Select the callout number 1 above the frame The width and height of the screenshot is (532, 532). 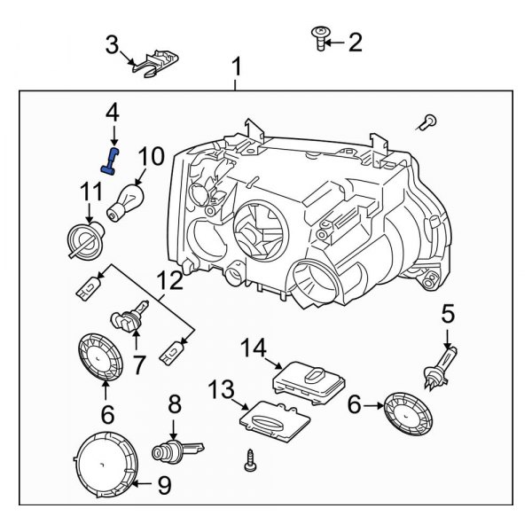(236, 66)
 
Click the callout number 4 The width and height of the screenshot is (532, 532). (112, 112)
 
